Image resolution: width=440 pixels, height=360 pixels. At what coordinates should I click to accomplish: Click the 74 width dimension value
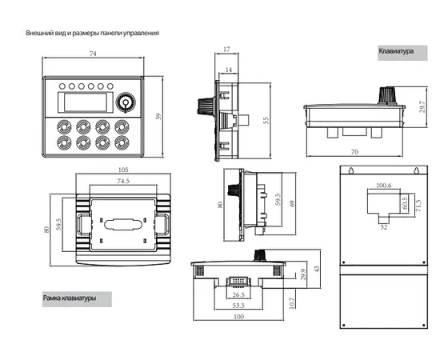pyautogui.click(x=93, y=54)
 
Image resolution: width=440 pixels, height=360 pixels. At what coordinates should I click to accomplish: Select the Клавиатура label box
pyautogui.click(x=402, y=53)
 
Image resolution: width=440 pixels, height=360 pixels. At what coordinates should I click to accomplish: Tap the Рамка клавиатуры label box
pyautogui.click(x=77, y=299)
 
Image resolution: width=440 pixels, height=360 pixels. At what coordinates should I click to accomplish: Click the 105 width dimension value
pyautogui.click(x=123, y=170)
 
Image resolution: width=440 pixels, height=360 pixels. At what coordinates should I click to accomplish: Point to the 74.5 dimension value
pyautogui.click(x=123, y=181)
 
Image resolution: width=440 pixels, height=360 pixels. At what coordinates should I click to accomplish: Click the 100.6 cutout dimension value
pyautogui.click(x=383, y=186)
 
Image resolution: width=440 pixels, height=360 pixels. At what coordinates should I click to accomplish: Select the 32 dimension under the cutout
pyautogui.click(x=383, y=227)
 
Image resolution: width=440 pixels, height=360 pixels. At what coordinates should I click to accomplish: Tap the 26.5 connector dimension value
pyautogui.click(x=238, y=294)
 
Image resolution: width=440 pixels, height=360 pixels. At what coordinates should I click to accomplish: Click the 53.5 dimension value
pyautogui.click(x=238, y=306)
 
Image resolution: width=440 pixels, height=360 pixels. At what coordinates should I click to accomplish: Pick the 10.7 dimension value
pyautogui.click(x=292, y=303)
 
